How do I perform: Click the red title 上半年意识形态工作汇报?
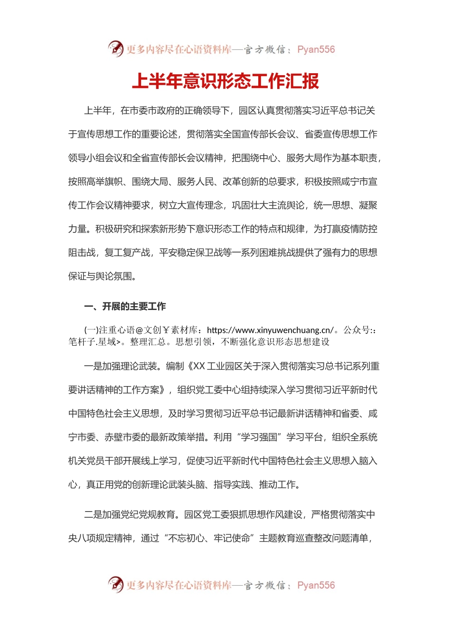[225, 81]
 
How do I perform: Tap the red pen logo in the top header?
[115, 48]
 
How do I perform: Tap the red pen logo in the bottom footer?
[115, 584]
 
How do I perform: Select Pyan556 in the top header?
[316, 49]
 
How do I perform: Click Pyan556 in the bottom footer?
[316, 585]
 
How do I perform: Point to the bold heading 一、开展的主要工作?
[125, 306]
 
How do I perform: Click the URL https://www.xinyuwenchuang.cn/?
[270, 330]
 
